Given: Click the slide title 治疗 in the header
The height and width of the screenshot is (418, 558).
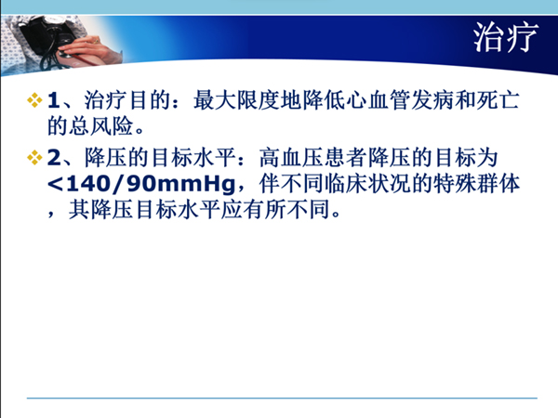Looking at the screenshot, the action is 506,37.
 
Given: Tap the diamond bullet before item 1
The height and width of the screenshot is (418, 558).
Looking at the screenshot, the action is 34,100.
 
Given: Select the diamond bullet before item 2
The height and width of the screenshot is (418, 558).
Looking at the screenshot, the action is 34,158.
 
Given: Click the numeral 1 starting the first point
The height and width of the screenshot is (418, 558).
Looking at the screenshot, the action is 53,100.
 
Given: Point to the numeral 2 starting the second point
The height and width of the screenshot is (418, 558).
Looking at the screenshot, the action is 55,158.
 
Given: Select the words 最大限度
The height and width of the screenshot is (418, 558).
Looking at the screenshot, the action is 236,100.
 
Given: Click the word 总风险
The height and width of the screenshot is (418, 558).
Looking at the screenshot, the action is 101,125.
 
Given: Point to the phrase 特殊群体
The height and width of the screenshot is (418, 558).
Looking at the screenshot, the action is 477,184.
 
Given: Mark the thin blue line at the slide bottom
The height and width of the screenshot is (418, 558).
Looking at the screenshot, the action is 282,398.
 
